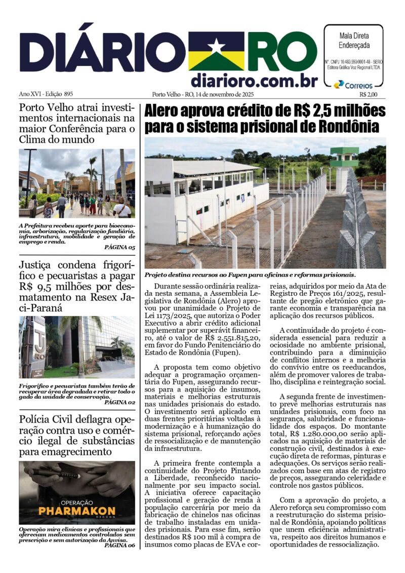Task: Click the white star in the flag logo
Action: pos(216,47)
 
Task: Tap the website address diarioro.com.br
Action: pos(254,81)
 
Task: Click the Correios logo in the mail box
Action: pos(353,85)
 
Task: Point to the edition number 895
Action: pos(65,94)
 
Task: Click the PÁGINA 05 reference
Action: pos(119,247)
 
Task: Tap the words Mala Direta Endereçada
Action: pos(354,40)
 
